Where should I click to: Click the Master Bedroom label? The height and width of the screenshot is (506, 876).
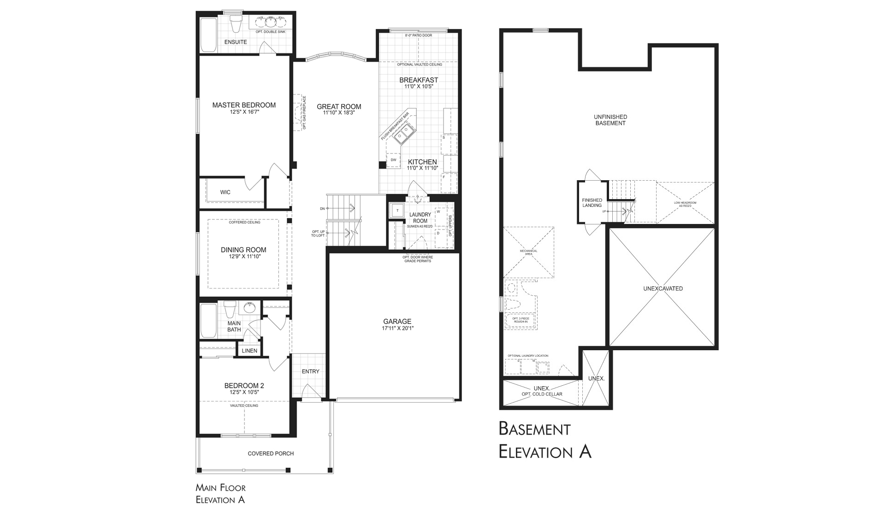[244, 105]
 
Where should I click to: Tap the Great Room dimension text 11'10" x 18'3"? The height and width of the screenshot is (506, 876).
[338, 112]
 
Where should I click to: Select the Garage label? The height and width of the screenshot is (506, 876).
[397, 322]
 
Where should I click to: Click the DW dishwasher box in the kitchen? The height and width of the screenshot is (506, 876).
[393, 160]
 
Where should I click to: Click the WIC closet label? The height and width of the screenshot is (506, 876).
[225, 192]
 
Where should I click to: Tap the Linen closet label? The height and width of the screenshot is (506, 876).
[249, 351]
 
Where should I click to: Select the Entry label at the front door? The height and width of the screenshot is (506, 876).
[310, 371]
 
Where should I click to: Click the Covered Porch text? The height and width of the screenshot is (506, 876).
[271, 453]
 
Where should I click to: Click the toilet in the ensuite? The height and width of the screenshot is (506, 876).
[236, 25]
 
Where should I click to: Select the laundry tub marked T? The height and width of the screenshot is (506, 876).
[397, 210]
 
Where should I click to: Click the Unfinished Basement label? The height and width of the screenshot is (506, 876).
[610, 120]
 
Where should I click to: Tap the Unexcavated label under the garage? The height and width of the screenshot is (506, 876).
[663, 288]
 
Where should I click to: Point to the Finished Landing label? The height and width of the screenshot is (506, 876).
[592, 203]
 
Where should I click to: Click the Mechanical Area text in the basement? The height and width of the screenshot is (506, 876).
[528, 252]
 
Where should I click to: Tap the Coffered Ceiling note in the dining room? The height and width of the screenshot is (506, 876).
[244, 222]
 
